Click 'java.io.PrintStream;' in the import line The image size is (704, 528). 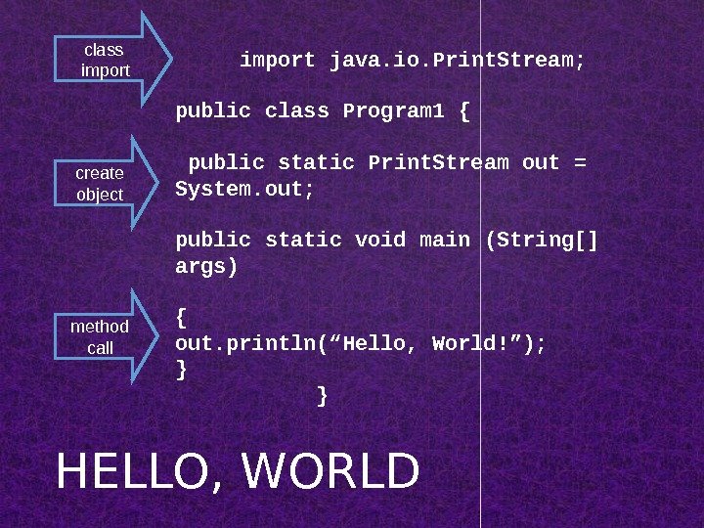(x=458, y=61)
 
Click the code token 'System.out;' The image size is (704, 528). (x=244, y=188)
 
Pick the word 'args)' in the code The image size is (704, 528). (x=206, y=266)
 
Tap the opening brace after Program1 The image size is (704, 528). (x=463, y=111)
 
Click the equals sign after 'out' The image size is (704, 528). (x=581, y=162)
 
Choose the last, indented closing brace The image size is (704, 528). (x=324, y=396)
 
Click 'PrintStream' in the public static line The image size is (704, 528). (x=438, y=162)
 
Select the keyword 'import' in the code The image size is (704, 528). (x=278, y=61)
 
